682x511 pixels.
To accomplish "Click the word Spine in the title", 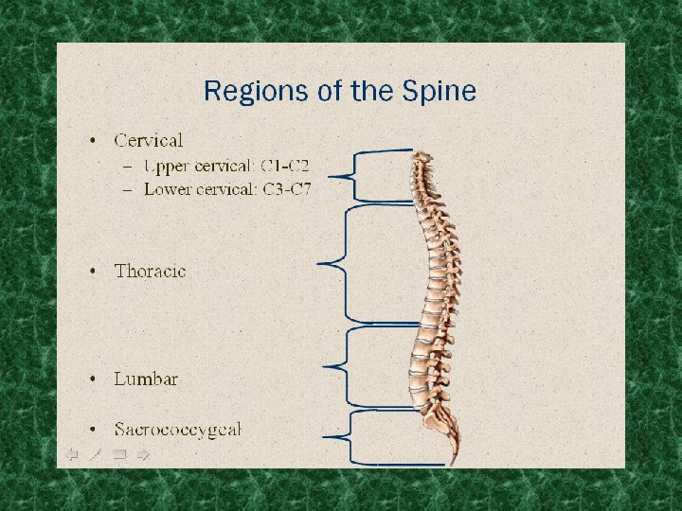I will pos(438,92).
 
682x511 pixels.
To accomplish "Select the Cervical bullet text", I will pos(148,141).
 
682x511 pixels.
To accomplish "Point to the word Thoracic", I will pos(150,271).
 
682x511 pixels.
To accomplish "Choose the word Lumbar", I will pos(146,379).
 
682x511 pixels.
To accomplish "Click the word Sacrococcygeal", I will pos(178,429).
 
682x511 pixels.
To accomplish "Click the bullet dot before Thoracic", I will pos(93,272).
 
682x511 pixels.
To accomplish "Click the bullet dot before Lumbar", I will pos(93,379).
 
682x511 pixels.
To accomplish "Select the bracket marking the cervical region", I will pos(354,176).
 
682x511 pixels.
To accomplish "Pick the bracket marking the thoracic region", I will pos(347,264).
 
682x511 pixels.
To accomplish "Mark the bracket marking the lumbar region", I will pos(347,365).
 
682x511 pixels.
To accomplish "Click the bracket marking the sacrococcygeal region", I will pos(350,436).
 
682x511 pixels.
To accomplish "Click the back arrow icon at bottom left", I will pos(71,454).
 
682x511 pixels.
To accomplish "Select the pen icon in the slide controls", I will pos(95,454).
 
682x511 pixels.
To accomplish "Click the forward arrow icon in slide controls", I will pos(143,454).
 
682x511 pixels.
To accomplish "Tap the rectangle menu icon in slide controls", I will pos(119,454).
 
